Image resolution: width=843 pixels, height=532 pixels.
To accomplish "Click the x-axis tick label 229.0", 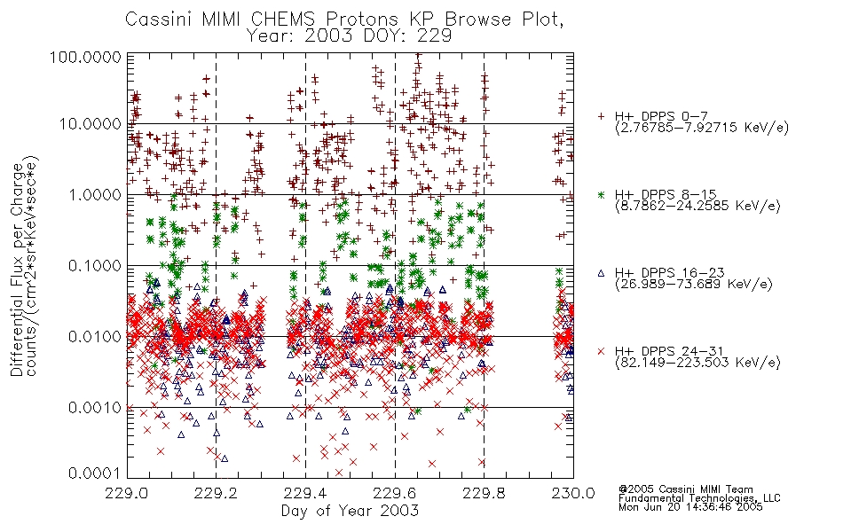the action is pyautogui.click(x=127, y=493).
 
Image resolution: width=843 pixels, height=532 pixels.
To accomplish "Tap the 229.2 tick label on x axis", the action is pyautogui.click(x=217, y=493).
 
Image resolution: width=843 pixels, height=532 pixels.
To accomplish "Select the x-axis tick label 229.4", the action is pyautogui.click(x=305, y=493).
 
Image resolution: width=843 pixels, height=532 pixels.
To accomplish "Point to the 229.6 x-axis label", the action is pyautogui.click(x=395, y=493).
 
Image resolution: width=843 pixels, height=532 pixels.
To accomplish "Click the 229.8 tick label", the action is pyautogui.click(x=484, y=493).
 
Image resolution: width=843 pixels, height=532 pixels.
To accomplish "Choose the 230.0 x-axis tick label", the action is pyautogui.click(x=573, y=493).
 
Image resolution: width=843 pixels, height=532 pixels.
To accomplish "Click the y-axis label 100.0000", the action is pyautogui.click(x=86, y=57).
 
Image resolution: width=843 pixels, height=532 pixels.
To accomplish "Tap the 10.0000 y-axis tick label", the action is pyautogui.click(x=91, y=124).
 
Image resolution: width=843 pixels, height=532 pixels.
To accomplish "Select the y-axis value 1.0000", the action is pyautogui.click(x=95, y=194).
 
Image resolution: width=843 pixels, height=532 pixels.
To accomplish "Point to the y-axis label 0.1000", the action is pyautogui.click(x=95, y=265).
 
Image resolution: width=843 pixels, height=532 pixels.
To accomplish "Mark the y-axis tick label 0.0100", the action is pyautogui.click(x=95, y=337).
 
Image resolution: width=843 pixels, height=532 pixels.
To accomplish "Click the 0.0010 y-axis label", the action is pyautogui.click(x=95, y=408).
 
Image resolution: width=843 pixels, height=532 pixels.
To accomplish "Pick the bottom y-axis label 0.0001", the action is pyautogui.click(x=95, y=473).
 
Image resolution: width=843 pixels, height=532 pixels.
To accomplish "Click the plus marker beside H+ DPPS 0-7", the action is pyautogui.click(x=601, y=116).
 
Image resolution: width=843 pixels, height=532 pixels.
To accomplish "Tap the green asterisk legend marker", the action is pyautogui.click(x=601, y=194).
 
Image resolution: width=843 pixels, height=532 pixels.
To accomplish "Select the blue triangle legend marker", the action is pyautogui.click(x=601, y=273).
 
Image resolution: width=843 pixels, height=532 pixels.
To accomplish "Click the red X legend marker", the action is pyautogui.click(x=601, y=351).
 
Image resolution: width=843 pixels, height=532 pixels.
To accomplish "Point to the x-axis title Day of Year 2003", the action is pyautogui.click(x=350, y=511).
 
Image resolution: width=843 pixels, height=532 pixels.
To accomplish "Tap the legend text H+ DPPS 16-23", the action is pyautogui.click(x=669, y=273).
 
